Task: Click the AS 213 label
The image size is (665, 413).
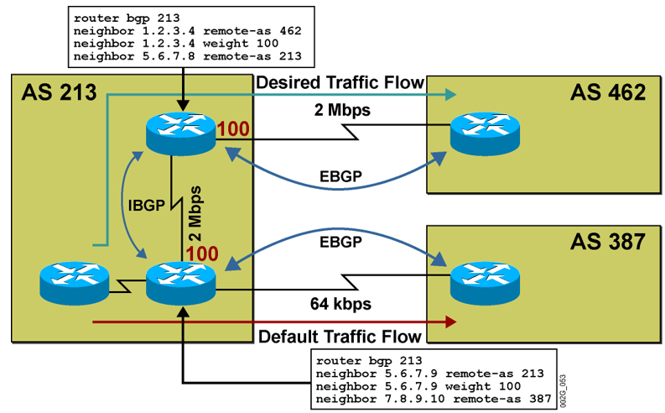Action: [x=59, y=91]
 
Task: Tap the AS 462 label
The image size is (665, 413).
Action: [x=609, y=91]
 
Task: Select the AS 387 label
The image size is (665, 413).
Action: [x=609, y=243]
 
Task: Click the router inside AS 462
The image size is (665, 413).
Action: [x=478, y=130]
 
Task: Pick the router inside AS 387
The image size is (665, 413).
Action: [x=478, y=282]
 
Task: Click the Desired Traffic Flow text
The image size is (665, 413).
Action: [x=340, y=82]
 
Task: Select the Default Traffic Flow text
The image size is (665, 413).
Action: [x=340, y=337]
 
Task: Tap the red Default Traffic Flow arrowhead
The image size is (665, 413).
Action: [x=451, y=321]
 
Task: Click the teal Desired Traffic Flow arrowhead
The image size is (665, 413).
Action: [x=451, y=93]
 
